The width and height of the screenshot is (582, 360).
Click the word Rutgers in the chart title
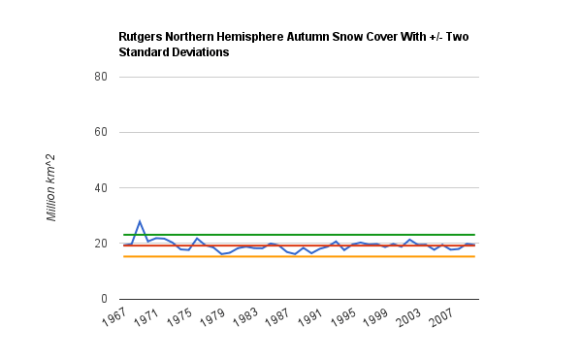141,37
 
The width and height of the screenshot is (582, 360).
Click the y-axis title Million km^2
50,187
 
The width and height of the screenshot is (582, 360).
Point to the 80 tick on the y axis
101,77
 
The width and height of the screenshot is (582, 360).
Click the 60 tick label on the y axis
101,132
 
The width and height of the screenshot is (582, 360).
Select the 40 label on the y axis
101,188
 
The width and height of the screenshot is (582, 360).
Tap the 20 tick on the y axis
101,244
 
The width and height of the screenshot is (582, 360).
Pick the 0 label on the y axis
104,299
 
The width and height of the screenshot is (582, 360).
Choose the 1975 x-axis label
179,317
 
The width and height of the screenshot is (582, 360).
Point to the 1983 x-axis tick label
245,317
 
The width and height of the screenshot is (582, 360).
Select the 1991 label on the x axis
310,317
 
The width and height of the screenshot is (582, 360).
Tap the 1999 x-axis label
375,317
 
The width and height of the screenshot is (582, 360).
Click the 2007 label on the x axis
441,317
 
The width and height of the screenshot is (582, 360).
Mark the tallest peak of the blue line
140,221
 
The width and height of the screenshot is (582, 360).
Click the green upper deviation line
299,235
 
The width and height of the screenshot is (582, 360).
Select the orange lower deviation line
299,256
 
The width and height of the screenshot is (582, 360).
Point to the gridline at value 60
299,132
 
